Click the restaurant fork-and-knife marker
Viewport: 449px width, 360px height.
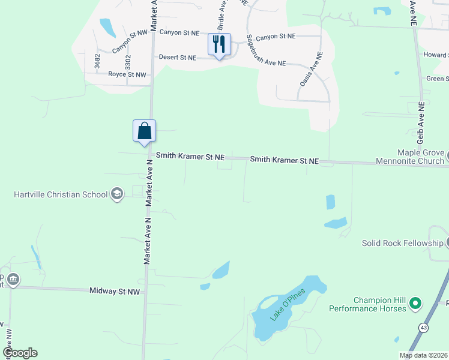pyautogui.click(x=219, y=44)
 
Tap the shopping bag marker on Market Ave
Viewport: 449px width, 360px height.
pyautogui.click(x=144, y=130)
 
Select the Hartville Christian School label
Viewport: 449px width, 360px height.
pyautogui.click(x=61, y=194)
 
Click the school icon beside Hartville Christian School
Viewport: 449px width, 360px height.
pyautogui.click(x=116, y=194)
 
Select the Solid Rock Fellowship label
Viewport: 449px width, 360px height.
pyautogui.click(x=402, y=243)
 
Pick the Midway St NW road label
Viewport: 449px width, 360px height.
pyautogui.click(x=114, y=291)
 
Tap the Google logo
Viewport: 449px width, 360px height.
pyautogui.click(x=20, y=353)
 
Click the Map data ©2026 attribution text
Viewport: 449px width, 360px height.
pyautogui.click(x=423, y=355)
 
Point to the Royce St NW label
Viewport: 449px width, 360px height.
pyautogui.click(x=127, y=74)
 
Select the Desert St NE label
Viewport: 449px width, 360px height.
pyautogui.click(x=177, y=58)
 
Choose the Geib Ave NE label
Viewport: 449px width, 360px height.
pyautogui.click(x=413, y=12)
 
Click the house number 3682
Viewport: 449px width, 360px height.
pyautogui.click(x=97, y=61)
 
